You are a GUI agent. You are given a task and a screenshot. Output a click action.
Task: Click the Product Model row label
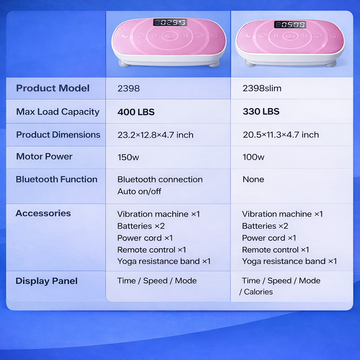tap(53, 88)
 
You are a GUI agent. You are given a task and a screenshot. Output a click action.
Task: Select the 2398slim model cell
tap(262, 88)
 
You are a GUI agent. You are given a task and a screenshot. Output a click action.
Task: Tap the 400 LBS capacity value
tap(136, 112)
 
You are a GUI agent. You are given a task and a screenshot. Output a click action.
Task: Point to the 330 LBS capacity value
tap(261, 112)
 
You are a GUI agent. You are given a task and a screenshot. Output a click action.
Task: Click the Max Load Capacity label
tap(58, 112)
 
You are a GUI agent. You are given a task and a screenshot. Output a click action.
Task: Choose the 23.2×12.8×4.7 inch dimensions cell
tap(155, 135)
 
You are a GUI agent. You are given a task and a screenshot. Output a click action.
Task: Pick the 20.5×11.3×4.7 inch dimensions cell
tap(281, 134)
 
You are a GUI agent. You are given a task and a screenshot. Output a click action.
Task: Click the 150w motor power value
tap(128, 157)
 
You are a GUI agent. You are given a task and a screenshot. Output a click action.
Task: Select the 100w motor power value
tap(253, 157)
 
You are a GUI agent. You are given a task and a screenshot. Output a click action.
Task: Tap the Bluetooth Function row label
tap(56, 179)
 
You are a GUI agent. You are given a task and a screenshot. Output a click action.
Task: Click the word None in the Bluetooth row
tap(253, 179)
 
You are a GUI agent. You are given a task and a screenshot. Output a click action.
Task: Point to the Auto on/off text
tap(139, 191)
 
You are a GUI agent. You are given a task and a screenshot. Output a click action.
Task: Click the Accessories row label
tap(43, 213)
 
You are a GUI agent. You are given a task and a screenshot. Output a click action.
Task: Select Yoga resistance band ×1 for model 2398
tap(164, 261)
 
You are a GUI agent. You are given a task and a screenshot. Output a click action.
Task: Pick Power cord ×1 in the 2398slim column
tap(269, 238)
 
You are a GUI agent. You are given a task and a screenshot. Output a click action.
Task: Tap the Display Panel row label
tap(47, 281)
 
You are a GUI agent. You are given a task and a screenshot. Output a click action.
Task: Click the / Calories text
tap(256, 292)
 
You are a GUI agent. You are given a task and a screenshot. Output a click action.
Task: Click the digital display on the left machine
tap(170, 22)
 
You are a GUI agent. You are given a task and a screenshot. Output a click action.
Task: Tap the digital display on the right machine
tap(290, 25)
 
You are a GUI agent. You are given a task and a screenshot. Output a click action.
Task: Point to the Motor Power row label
tap(44, 157)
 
